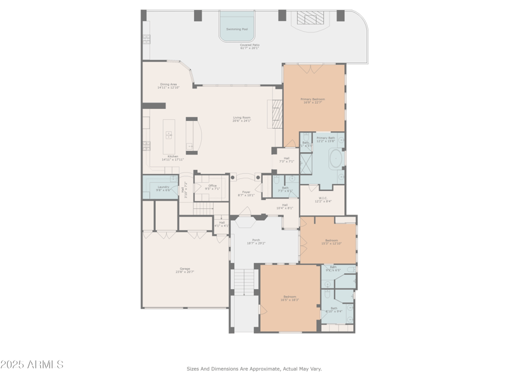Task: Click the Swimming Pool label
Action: [237, 29]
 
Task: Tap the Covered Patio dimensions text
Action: [249, 48]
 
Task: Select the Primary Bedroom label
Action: [312, 99]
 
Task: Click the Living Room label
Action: [241, 117]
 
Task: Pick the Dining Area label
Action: [168, 84]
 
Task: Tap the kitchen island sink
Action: [169, 134]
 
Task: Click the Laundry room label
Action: [163, 187]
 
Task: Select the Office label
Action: [213, 186]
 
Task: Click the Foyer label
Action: [246, 192]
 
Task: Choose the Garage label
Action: [185, 269]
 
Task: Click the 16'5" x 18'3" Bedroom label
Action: [289, 296]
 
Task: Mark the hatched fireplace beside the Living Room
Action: [276, 115]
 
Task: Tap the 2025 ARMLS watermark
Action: [32, 365]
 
